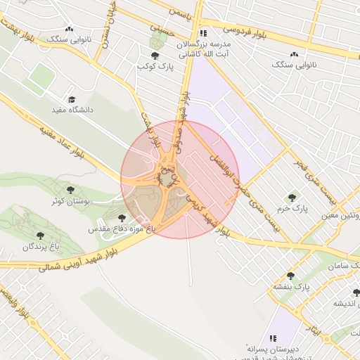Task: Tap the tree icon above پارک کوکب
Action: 154,55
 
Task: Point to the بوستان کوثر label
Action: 69,201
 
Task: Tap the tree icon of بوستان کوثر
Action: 70,190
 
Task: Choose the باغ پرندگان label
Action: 39,247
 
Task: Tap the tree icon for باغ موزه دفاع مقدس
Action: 122,218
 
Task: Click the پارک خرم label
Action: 292,209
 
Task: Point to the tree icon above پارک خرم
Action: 291,198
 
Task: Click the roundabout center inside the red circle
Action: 168,180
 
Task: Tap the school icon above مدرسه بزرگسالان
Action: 202,33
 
